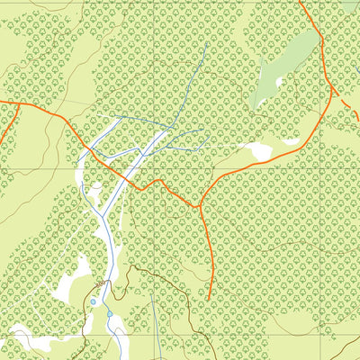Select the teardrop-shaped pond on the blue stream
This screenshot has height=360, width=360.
click(110, 314)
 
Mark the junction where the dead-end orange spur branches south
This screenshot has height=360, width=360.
click(197, 206)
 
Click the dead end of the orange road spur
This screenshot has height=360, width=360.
click(208, 298)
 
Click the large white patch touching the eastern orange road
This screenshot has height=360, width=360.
click(261, 152)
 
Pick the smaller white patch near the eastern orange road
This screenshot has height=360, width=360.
click(292, 140)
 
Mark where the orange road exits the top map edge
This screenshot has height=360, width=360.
click(300, 2)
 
